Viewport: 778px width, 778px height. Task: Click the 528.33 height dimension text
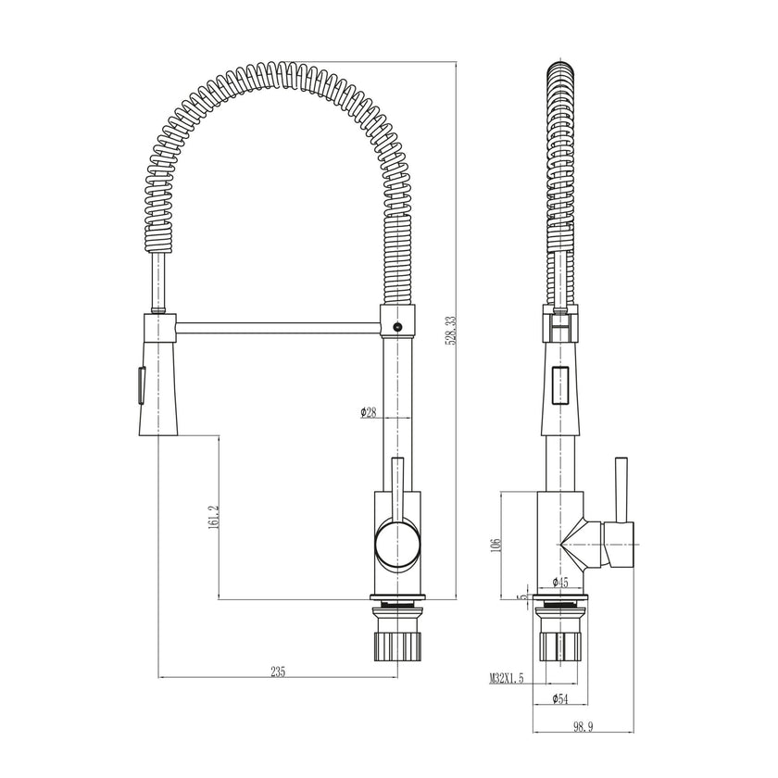(x=451, y=330)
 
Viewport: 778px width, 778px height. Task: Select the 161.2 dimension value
(x=212, y=517)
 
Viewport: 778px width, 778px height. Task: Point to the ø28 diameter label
(x=369, y=413)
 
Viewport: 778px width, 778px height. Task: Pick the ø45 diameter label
(x=559, y=582)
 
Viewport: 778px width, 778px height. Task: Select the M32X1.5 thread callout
(x=507, y=679)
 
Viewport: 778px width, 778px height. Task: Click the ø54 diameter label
(x=559, y=699)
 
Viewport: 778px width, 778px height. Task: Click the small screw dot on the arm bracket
(x=398, y=326)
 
